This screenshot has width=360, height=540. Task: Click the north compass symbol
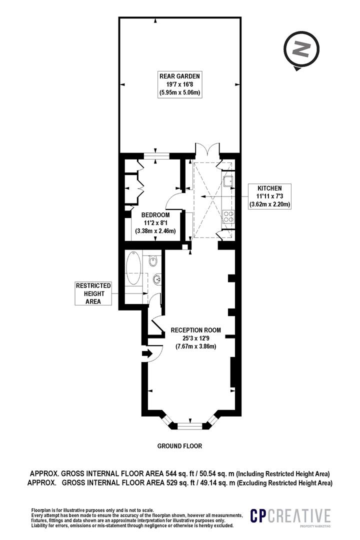[x=301, y=50]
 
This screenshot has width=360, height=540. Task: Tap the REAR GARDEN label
[x=179, y=76]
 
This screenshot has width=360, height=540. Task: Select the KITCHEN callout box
[x=269, y=196]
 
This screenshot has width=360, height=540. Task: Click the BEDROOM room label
[x=155, y=215]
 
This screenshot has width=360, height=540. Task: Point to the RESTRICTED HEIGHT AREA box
[x=93, y=293]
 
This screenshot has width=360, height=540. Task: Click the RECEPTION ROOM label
[x=195, y=330]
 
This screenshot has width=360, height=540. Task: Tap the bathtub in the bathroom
[x=133, y=267]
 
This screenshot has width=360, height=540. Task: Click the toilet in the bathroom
[x=153, y=261]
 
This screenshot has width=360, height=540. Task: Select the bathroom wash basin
[x=156, y=277]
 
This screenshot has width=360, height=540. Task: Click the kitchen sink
[x=228, y=180]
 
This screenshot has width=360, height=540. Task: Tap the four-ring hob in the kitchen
[x=228, y=216]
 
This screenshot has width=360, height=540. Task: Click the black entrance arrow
[x=147, y=353]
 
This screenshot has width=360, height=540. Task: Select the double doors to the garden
[x=207, y=150]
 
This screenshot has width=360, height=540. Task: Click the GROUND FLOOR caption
[x=179, y=446]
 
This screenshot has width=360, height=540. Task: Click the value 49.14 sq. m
[x=216, y=483]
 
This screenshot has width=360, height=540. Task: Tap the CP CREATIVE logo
[x=290, y=516]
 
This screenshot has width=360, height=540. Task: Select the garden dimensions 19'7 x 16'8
[x=179, y=84]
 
